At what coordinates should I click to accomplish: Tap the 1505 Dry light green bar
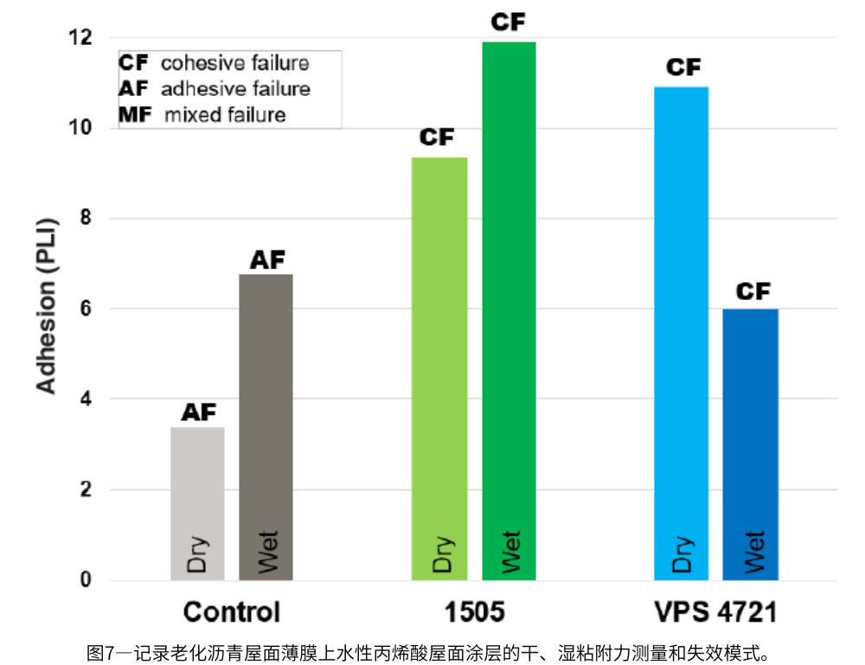point(439,368)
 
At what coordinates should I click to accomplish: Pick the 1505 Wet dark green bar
point(509,311)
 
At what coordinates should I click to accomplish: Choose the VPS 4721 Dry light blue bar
point(681,333)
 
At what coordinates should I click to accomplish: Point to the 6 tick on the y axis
point(86,309)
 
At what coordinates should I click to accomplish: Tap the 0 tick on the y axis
point(86,579)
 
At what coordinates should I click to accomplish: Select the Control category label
point(232,612)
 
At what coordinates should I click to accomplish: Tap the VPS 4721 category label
point(714,612)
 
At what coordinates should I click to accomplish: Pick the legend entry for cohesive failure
point(214,63)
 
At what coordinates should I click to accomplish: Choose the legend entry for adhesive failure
point(215,88)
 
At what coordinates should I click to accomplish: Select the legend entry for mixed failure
point(202,114)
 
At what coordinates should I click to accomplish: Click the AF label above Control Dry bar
point(198,412)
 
